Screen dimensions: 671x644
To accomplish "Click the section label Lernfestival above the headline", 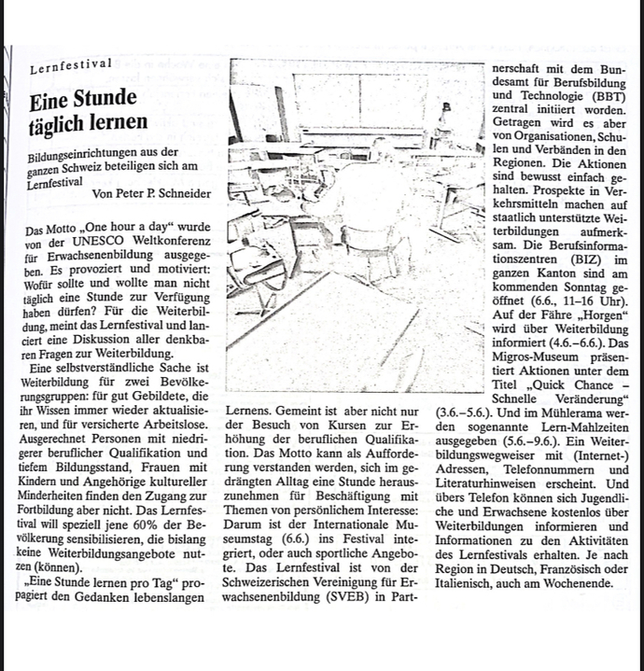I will click(x=71, y=65).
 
